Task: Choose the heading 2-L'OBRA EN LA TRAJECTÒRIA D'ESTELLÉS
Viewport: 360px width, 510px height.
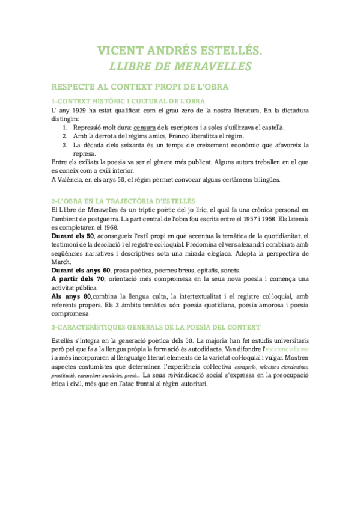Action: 123,200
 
